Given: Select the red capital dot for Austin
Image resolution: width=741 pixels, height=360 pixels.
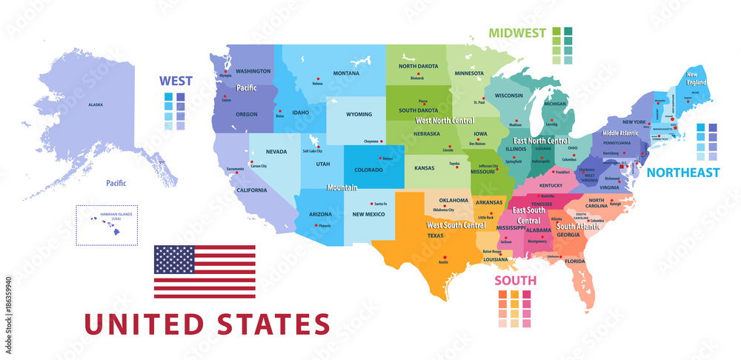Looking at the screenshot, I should pos(443,260).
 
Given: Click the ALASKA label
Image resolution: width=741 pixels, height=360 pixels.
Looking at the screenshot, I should pos(96,104).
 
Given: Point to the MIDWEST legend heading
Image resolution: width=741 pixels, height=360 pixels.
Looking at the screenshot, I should pos(516,33).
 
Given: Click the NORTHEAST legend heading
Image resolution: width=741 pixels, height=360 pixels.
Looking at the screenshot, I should pos(682,173).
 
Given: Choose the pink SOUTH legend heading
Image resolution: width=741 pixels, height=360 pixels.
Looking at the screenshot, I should pos(516,281).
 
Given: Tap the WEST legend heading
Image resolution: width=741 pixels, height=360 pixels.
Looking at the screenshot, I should pos(176,81).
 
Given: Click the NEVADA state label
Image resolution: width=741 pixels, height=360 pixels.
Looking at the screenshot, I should pos(276,152).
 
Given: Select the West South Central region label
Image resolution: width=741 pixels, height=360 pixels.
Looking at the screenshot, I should pos(456,224).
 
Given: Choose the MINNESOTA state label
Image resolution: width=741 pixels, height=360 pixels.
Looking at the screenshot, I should pos(469,73).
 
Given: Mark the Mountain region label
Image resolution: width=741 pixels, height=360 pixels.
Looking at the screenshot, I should pos(342,188).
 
